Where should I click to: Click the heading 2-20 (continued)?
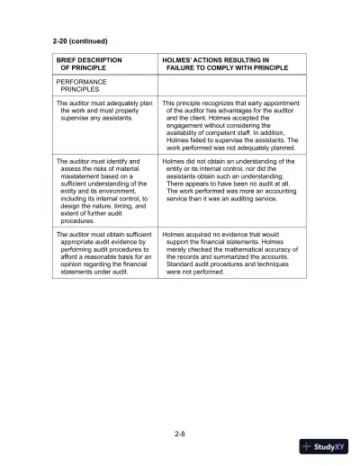click(80, 41)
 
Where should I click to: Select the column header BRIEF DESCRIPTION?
click(89, 59)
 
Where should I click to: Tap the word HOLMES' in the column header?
click(178, 59)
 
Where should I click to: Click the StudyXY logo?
click(323, 445)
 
